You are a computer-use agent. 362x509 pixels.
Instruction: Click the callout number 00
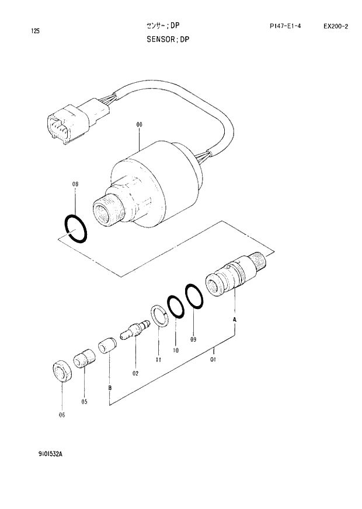click(x=140, y=125)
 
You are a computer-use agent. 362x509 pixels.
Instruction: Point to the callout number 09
click(x=193, y=339)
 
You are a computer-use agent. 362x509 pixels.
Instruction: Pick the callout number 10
click(x=175, y=350)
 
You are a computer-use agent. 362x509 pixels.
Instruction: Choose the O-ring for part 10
click(x=175, y=306)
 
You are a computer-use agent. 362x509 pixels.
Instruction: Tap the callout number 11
click(x=158, y=360)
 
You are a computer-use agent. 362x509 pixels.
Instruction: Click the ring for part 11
click(x=159, y=314)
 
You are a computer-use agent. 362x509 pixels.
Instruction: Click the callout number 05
click(x=84, y=401)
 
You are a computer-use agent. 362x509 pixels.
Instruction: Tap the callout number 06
click(x=62, y=415)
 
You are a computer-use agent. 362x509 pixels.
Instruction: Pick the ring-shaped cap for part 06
click(x=61, y=371)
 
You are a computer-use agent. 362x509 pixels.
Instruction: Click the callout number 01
click(x=213, y=360)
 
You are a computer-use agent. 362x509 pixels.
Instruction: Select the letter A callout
click(x=234, y=321)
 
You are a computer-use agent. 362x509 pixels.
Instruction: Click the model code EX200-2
click(x=336, y=26)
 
